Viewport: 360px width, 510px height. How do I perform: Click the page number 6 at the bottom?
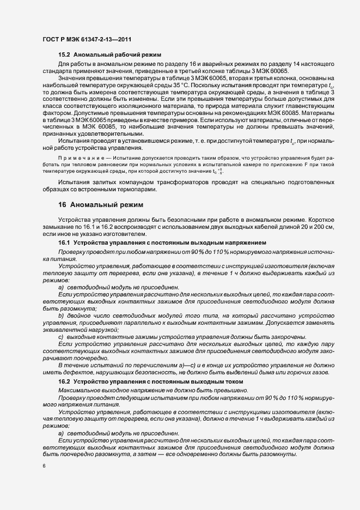pos(44,466)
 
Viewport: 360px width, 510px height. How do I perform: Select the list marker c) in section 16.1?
pos(61,337)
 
